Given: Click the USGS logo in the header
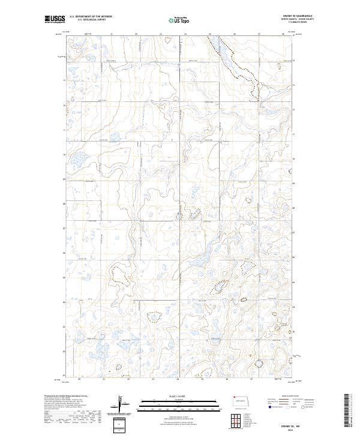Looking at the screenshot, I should tap(55, 20).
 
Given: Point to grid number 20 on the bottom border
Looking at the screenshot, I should tap(80, 379).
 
